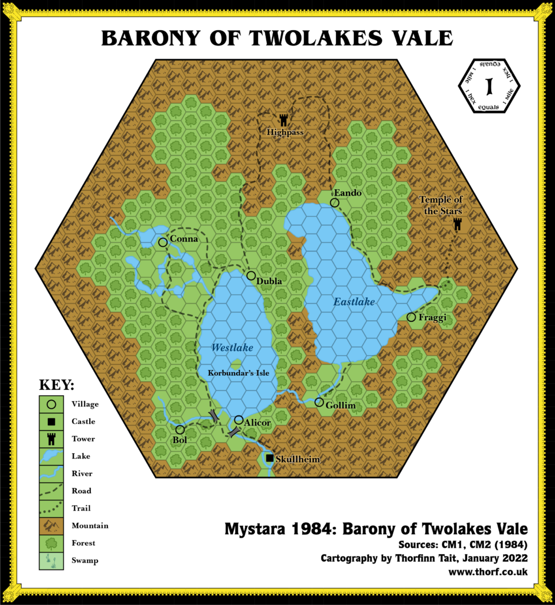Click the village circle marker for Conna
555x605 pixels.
[x=163, y=242]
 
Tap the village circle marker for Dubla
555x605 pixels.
[x=252, y=276]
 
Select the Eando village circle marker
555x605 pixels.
[x=335, y=203]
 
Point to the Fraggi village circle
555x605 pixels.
[x=412, y=318]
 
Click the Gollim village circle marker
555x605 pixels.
[x=319, y=402]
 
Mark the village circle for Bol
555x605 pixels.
[x=180, y=430]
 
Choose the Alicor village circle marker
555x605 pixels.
[x=239, y=419]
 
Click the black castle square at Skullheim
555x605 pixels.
[x=270, y=458]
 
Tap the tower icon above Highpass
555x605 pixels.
[x=284, y=120]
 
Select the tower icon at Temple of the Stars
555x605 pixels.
[x=457, y=224]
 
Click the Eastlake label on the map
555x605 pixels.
[x=354, y=302]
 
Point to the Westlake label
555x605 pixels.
[x=232, y=348]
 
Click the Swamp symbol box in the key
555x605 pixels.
[x=51, y=560]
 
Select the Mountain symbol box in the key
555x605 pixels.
[x=51, y=525]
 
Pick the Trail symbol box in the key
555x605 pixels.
[x=51, y=508]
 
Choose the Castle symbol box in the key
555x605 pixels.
[x=51, y=422]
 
